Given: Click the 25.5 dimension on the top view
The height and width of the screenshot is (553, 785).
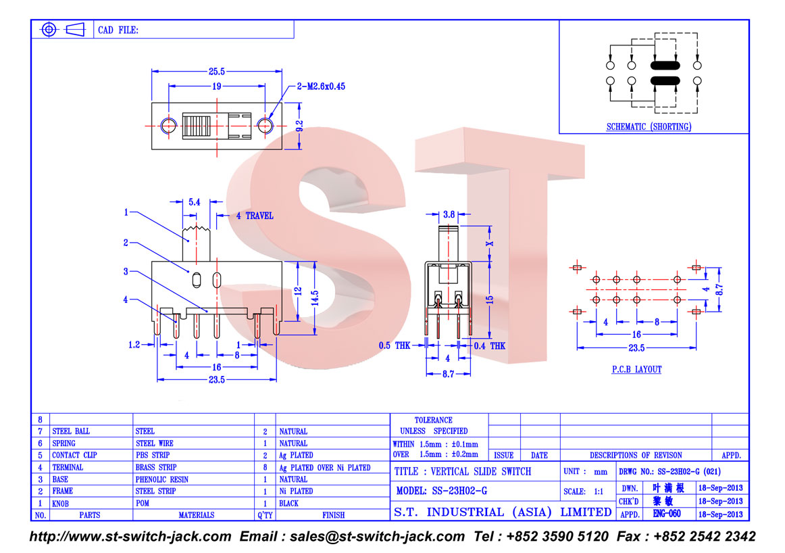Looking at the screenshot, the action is [216, 72].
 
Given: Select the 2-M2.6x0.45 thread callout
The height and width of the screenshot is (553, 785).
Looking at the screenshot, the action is [321, 86].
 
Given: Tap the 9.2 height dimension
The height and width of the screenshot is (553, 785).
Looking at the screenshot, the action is [299, 125].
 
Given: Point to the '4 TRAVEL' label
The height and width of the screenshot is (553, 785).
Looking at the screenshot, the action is [255, 216].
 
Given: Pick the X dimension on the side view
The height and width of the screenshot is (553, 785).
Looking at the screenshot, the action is [490, 243].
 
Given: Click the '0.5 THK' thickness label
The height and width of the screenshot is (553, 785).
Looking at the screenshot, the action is [395, 345].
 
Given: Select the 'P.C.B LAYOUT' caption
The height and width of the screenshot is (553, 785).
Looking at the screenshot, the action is [637, 369].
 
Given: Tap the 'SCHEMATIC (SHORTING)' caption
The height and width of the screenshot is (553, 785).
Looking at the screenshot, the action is [649, 126].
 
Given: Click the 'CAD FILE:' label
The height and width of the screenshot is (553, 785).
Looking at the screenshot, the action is [118, 30].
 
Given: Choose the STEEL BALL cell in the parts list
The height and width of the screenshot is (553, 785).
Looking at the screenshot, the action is [71, 431].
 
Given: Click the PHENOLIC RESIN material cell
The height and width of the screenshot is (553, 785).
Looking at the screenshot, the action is [161, 479].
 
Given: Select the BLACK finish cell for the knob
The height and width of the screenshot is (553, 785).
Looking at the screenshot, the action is [289, 504].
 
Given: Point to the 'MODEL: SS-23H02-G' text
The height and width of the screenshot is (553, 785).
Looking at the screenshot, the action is [442, 491].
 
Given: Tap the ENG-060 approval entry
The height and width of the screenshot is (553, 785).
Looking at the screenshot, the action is [667, 513].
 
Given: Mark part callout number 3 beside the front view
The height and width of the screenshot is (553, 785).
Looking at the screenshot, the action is [126, 272].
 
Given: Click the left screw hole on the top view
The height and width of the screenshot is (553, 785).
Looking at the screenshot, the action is [169, 125].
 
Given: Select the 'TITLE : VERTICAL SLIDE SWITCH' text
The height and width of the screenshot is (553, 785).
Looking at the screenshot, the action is [463, 471].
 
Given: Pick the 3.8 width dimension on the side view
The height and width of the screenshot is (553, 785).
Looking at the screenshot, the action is [449, 214].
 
